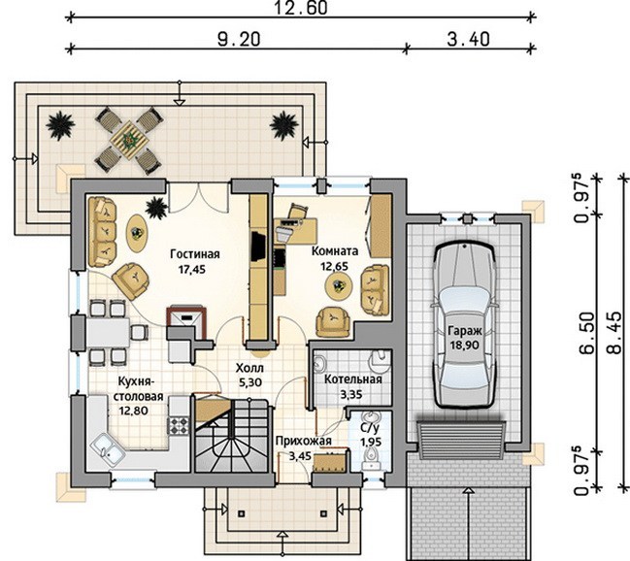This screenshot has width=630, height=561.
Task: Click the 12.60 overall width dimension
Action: pos(301,8)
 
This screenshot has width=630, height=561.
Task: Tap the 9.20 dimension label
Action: pos(239,39)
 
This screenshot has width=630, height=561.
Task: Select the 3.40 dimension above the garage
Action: pos(469,39)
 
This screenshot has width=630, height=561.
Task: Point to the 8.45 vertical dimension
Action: pos(618,332)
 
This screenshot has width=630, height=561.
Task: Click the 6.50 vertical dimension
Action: pos(587,332)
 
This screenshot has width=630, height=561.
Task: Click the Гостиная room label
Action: pos(195,254)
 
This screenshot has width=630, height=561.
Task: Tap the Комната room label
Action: pos(335,251)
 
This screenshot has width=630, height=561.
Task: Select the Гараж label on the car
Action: pos(465,331)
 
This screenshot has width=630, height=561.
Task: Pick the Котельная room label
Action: pos(353,379)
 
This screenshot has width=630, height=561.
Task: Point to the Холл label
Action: pos(249,368)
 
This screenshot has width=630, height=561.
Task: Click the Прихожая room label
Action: pos(304,441)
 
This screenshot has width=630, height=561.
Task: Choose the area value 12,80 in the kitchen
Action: pos(134,411)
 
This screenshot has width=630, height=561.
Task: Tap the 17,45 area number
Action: pos(192,269)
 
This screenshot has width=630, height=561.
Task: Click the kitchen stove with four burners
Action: pos(178,425)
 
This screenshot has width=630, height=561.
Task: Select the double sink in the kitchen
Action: pos(109,450)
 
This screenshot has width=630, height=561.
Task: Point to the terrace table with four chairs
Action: pos(130,140)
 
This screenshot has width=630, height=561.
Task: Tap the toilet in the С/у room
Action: pos(371,458)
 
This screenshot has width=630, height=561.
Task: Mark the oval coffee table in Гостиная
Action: pos(138,233)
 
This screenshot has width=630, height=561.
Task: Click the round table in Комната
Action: pos(339,285)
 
